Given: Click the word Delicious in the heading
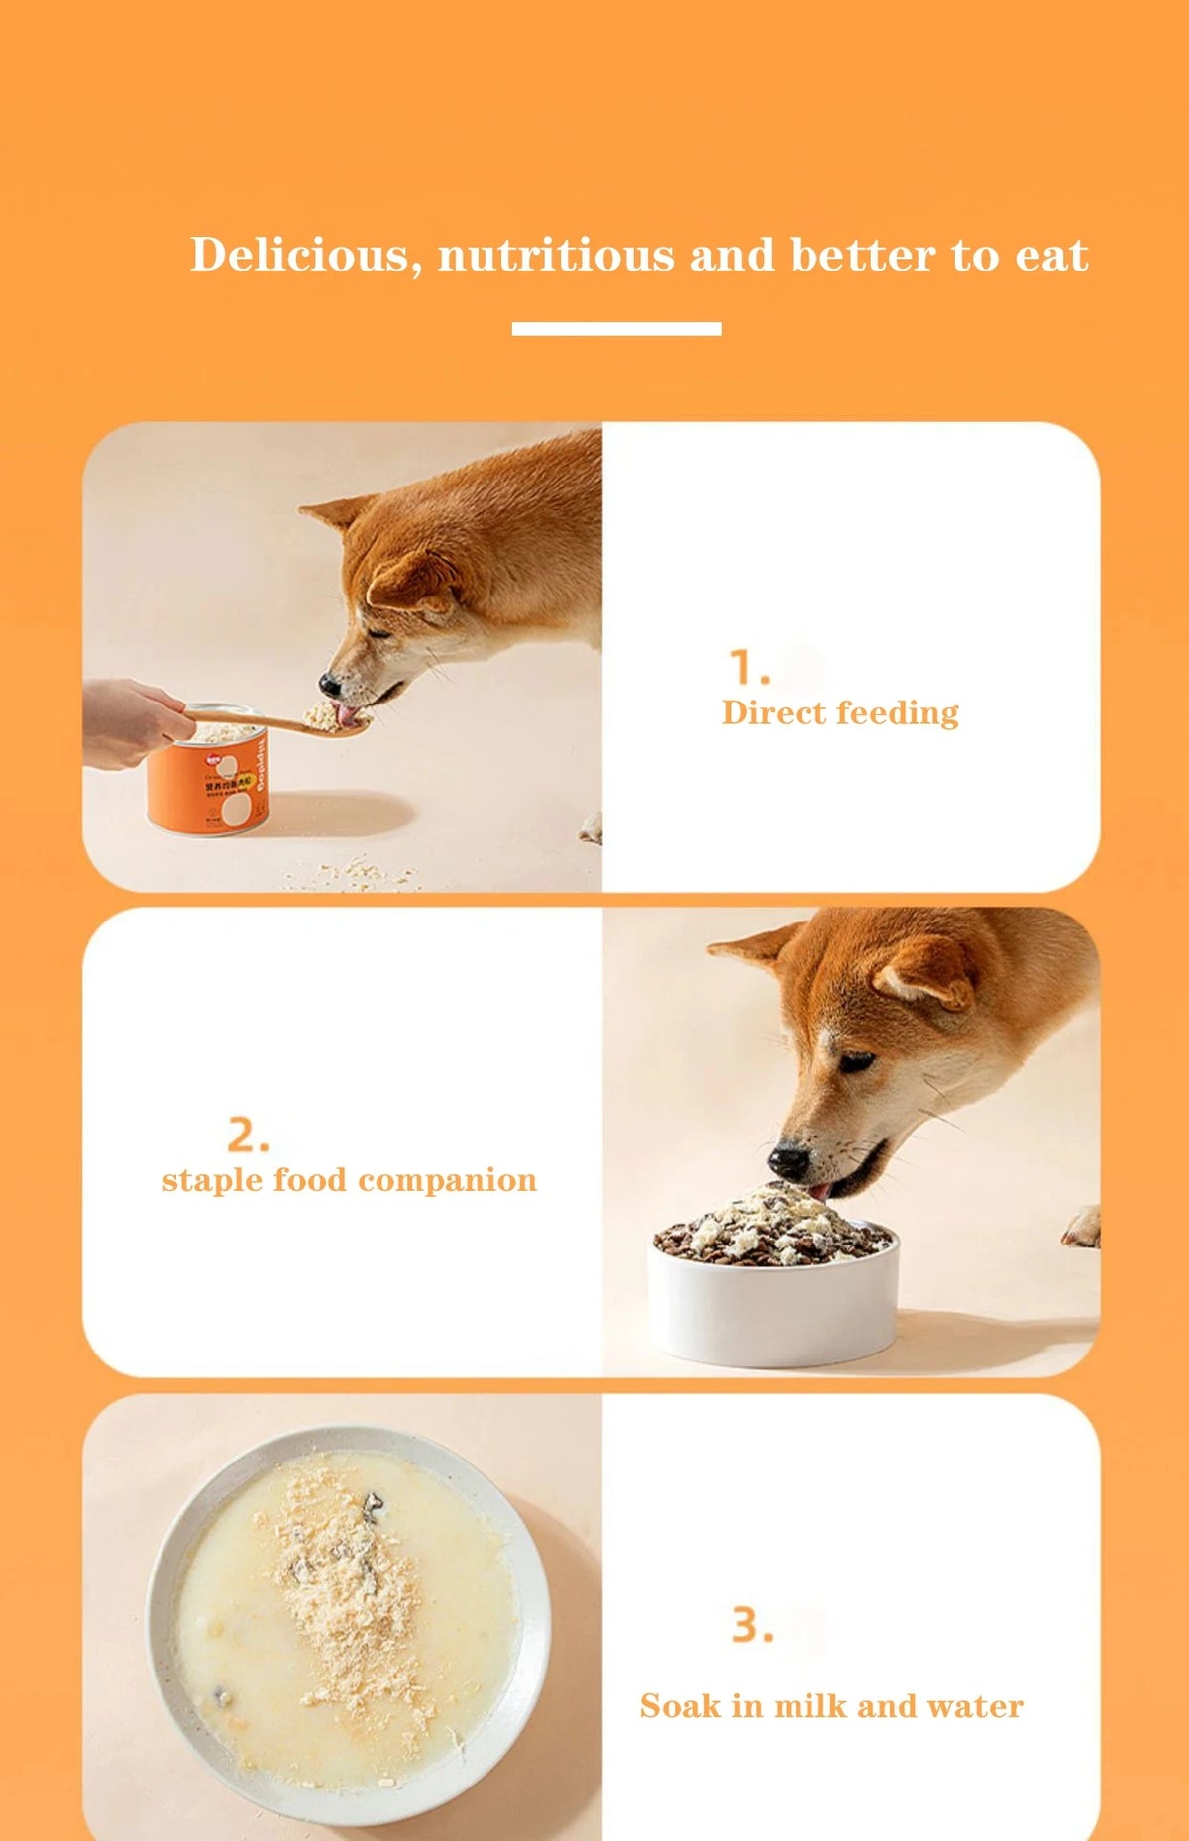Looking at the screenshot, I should click(298, 255).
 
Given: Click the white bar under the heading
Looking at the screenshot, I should click(616, 328).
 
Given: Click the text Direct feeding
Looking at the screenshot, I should click(840, 712).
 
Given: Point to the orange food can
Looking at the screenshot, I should click(208, 779).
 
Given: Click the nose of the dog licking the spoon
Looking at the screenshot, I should click(330, 684).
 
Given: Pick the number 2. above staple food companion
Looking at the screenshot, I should click(248, 1135).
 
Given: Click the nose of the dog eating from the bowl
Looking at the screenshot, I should click(789, 1160).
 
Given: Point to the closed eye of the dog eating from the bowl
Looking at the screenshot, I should click(857, 1062).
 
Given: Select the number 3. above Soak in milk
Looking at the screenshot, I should click(752, 1625).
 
